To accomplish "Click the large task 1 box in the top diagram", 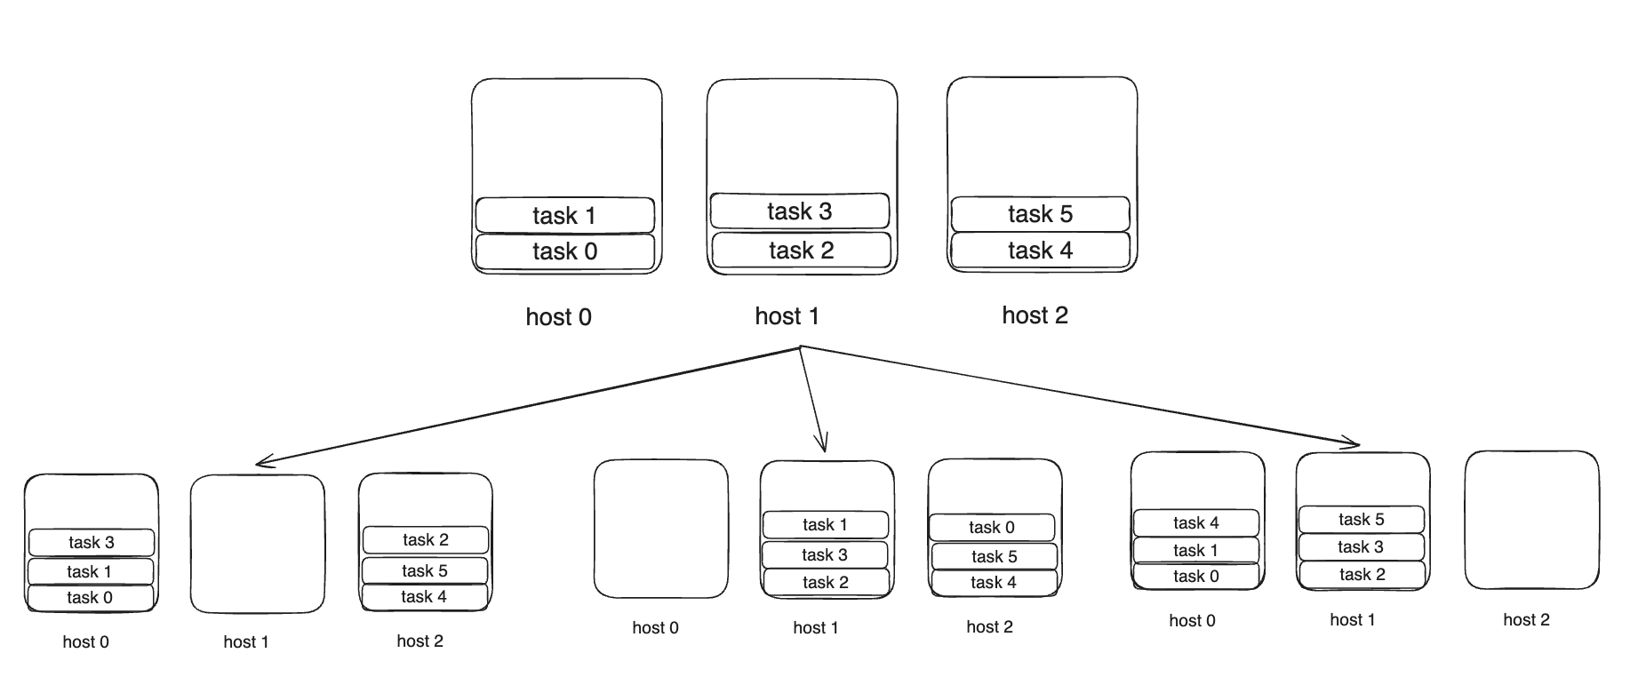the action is pyautogui.click(x=565, y=215).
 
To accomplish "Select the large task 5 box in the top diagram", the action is pyautogui.click(x=1040, y=214).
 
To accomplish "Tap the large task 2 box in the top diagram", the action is pyautogui.click(x=801, y=251).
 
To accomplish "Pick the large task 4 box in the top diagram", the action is pyautogui.click(x=1040, y=251).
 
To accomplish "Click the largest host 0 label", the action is pyautogui.click(x=558, y=317).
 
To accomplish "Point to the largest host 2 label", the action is pyautogui.click(x=1035, y=315).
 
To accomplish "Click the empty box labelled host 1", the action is pyautogui.click(x=258, y=544).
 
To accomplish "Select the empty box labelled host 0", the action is pyautogui.click(x=660, y=529).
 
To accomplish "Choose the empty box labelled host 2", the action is pyautogui.click(x=1531, y=520).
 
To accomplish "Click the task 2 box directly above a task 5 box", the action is pyautogui.click(x=425, y=540).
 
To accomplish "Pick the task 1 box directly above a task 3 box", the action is pyautogui.click(x=825, y=525).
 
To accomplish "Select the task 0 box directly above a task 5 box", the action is pyautogui.click(x=992, y=528).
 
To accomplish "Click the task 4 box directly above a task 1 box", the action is pyautogui.click(x=1195, y=523).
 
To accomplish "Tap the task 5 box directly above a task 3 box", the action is pyautogui.click(x=1362, y=520).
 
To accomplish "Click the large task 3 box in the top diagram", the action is pyautogui.click(x=800, y=211).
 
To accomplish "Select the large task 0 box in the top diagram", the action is pyautogui.click(x=565, y=251).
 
